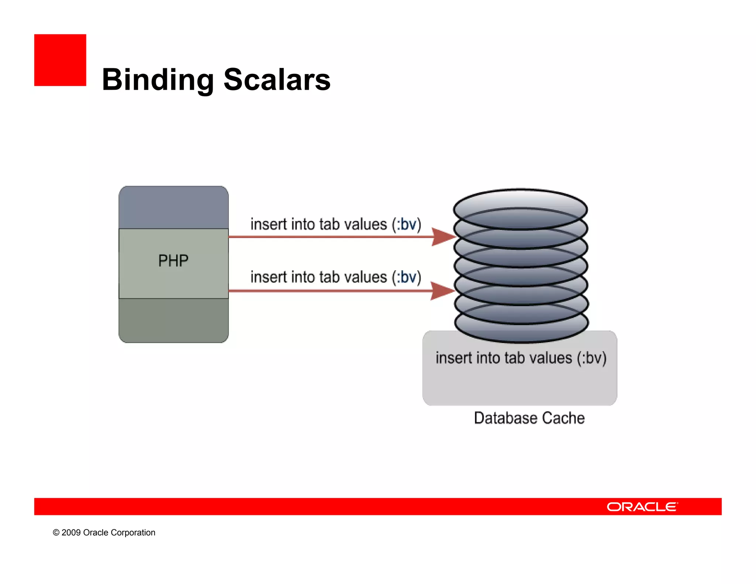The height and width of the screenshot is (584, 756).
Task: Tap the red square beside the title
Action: (x=60, y=60)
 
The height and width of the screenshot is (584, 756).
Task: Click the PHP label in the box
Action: (x=173, y=261)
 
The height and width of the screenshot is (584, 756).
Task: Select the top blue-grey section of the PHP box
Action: (x=173, y=207)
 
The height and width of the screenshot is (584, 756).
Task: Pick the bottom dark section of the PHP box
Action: (x=173, y=320)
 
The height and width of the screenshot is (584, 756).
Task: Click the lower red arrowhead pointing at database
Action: (x=441, y=291)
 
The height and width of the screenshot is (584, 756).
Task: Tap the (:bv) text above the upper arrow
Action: (x=406, y=224)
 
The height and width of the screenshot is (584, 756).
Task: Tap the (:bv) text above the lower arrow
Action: (x=406, y=277)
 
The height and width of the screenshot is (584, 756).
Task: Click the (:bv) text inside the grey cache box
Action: (x=592, y=358)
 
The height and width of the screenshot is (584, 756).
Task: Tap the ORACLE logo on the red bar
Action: (x=642, y=507)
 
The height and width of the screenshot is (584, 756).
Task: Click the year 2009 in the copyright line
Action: (x=71, y=533)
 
